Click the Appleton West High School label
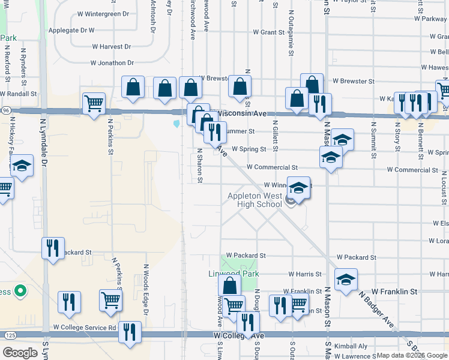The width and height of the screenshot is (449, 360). pos(255,200)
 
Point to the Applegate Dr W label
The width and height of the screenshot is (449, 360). pos(71,29)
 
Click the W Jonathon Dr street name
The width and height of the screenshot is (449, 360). pos(112,62)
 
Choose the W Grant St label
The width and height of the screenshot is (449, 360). pos(268,32)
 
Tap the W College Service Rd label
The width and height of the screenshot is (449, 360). pos(84,328)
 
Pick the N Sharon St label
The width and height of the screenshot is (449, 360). pos(200,166)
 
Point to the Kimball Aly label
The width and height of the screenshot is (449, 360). pos(351,346)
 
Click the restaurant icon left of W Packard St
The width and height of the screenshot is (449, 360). pos(53,247)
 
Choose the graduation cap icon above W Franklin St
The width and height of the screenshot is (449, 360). pos(346,279)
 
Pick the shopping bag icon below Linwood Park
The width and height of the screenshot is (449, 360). pos(229,286)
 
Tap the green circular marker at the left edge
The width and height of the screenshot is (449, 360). pos(20,292)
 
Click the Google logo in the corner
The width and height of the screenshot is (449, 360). pos(20,352)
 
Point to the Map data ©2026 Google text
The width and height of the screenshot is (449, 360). pos(412,355)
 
